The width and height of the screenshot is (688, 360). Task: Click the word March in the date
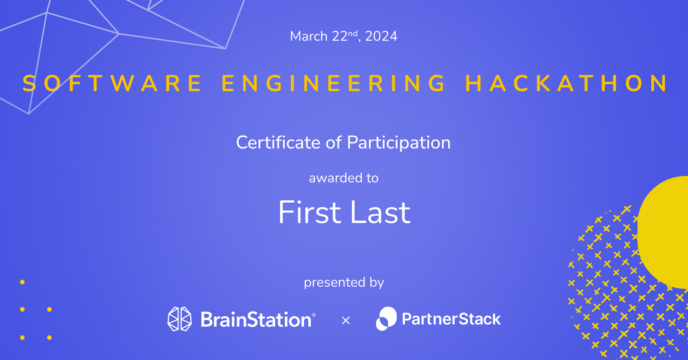309,36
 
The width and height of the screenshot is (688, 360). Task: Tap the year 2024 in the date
381,36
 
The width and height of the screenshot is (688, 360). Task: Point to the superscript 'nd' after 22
353,34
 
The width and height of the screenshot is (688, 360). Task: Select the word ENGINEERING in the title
333,83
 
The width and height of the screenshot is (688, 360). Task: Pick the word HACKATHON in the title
566,83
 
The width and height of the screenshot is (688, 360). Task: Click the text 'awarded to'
344,178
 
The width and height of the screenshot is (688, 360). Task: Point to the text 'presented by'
344,283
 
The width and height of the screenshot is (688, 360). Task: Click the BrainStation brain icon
180,319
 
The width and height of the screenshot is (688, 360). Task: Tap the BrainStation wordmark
256,319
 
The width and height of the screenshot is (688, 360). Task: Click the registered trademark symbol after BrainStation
314,315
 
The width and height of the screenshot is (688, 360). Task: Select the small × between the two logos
346,320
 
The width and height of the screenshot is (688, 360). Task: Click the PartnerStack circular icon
386,319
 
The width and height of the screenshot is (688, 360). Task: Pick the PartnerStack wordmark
451,319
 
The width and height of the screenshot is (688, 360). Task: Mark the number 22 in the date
340,36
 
